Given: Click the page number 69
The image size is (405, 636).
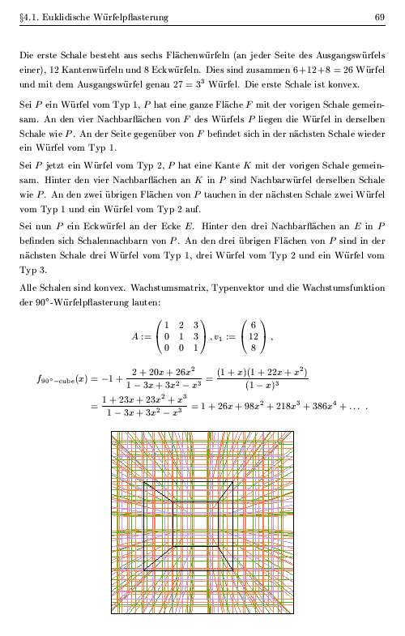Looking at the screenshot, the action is click(378, 17).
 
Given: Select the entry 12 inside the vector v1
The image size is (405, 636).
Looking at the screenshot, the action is click(254, 336).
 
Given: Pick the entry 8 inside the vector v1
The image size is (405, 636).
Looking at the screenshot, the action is click(254, 348).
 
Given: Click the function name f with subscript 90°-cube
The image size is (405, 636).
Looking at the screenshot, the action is click(63, 378).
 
